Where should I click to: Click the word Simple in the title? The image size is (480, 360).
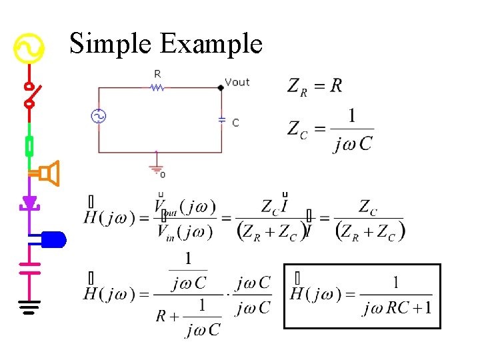pyautogui.click(x=111, y=44)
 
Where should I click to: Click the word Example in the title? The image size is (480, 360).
pyautogui.click(x=211, y=44)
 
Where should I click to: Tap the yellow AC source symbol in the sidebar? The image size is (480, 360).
pyautogui.click(x=29, y=49)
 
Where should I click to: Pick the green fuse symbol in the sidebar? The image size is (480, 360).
pyautogui.click(x=29, y=145)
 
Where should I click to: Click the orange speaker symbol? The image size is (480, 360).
pyautogui.click(x=49, y=174)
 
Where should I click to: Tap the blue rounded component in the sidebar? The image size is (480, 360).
pyautogui.click(x=53, y=239)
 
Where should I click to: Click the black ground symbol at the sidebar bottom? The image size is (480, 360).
pyautogui.click(x=29, y=308)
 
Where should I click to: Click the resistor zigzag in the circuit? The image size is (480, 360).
pyautogui.click(x=157, y=87)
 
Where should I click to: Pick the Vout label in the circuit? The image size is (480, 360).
pyautogui.click(x=237, y=82)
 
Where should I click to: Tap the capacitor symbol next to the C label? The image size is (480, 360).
pyautogui.click(x=222, y=120)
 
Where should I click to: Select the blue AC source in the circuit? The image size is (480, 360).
pyautogui.click(x=99, y=117)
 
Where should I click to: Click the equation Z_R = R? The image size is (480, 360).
pyautogui.click(x=315, y=86)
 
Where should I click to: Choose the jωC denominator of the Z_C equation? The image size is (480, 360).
pyautogui.click(x=352, y=144)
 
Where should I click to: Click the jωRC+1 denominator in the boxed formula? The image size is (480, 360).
pyautogui.click(x=397, y=309)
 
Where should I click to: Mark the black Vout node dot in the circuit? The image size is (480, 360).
pyautogui.click(x=221, y=87)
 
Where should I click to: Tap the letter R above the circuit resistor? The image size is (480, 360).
pyautogui.click(x=157, y=73)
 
